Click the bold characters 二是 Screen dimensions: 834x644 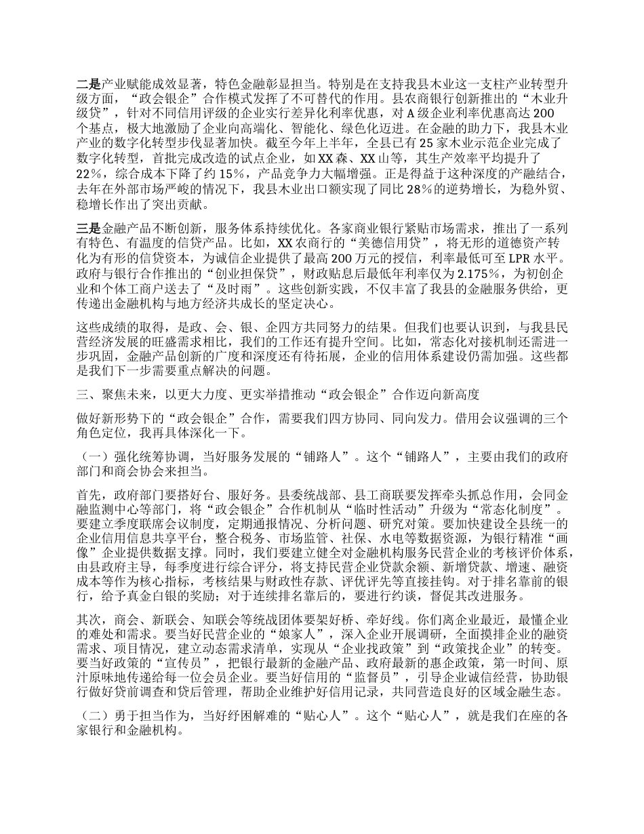[x=88, y=86]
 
